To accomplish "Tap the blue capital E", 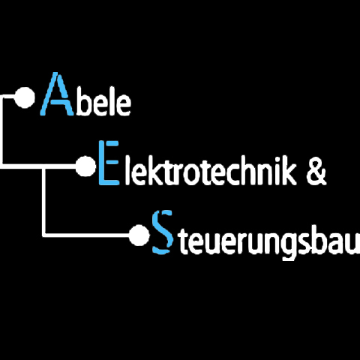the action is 108,163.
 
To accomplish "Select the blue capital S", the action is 163,232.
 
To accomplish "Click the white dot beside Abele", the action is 25,97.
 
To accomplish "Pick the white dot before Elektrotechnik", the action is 85,166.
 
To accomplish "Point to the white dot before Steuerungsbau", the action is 139,235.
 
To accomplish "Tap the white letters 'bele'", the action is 103,102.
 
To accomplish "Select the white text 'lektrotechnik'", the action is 211,171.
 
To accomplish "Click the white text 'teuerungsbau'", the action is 269,241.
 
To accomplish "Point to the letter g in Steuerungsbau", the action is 287,246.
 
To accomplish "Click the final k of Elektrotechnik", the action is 289,171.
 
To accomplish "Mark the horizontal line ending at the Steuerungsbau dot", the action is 86,235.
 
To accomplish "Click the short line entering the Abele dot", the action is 8,96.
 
